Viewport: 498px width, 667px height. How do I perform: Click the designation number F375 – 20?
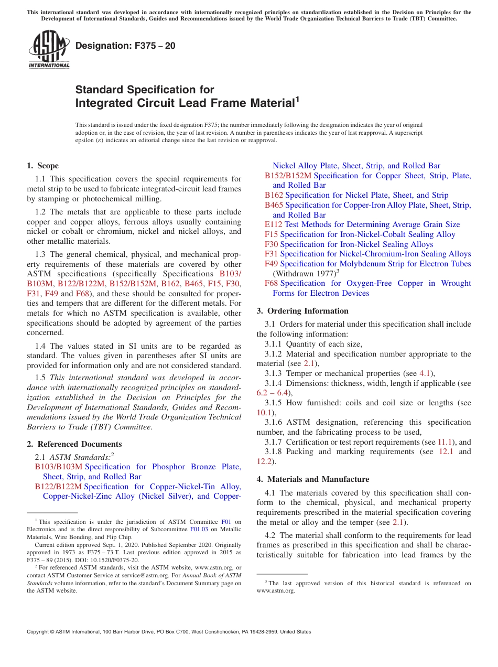(125, 46)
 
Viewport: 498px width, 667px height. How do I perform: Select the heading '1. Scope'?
(42, 166)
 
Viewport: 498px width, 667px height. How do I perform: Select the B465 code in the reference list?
(274, 205)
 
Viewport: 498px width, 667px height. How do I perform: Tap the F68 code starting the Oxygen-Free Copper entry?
(271, 283)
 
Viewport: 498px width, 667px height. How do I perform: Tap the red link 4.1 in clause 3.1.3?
(425, 373)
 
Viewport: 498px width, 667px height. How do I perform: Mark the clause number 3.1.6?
(274, 422)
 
